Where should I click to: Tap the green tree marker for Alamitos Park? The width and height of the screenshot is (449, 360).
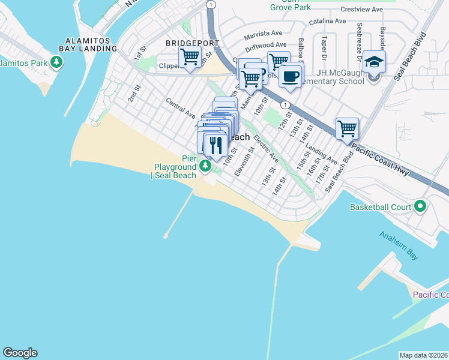point(56,62)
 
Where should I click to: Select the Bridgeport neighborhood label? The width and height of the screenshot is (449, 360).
point(190,43)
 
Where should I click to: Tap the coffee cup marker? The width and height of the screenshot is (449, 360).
point(291,77)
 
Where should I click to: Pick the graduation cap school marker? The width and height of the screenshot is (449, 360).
point(373,62)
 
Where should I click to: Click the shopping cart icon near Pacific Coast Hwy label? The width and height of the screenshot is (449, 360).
point(347,128)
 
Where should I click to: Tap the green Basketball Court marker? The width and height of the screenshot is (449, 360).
point(420,207)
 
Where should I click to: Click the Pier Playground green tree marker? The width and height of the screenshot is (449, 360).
point(206,165)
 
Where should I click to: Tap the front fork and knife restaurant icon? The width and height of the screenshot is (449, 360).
point(215,145)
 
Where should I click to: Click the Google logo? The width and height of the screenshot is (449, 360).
point(20,353)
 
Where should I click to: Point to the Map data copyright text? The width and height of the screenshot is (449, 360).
point(424,355)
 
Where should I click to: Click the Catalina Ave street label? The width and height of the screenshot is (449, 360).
point(328,21)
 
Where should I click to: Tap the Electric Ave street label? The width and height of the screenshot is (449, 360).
point(265,148)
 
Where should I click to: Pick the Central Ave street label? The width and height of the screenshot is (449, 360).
point(181,108)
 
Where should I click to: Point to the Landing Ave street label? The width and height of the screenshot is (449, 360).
point(321,154)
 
